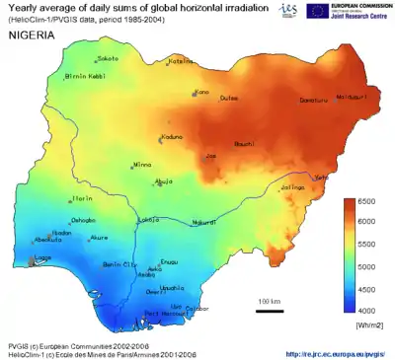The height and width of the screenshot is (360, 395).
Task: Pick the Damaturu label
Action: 285,101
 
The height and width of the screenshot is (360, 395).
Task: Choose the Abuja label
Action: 165,181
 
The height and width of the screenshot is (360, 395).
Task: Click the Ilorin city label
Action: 83,198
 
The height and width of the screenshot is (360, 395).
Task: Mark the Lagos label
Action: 42,258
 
